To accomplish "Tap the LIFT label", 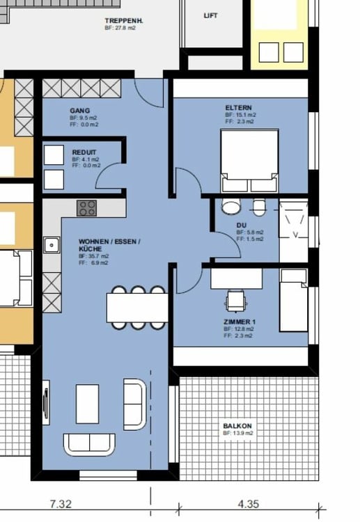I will pyautogui.click(x=210, y=15).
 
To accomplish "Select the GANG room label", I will pyautogui.click(x=79, y=111).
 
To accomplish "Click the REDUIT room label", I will pyautogui.click(x=84, y=152).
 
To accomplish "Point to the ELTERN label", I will pyautogui.click(x=239, y=107).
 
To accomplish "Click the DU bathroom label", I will pyautogui.click(x=241, y=225).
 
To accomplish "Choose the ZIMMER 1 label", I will pyautogui.click(x=240, y=322).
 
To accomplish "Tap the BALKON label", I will pyautogui.click(x=237, y=425).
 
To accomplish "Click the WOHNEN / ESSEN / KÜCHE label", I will pyautogui.click(x=109, y=244).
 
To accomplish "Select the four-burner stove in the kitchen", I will pyautogui.click(x=87, y=207).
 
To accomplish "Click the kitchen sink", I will pyautogui.click(x=51, y=244).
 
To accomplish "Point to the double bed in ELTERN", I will pyautogui.click(x=249, y=161).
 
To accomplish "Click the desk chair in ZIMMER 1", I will pyautogui.click(x=235, y=301).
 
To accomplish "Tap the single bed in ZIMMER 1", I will pyautogui.click(x=293, y=300).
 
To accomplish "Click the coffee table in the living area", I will pyautogui.click(x=87, y=404).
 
